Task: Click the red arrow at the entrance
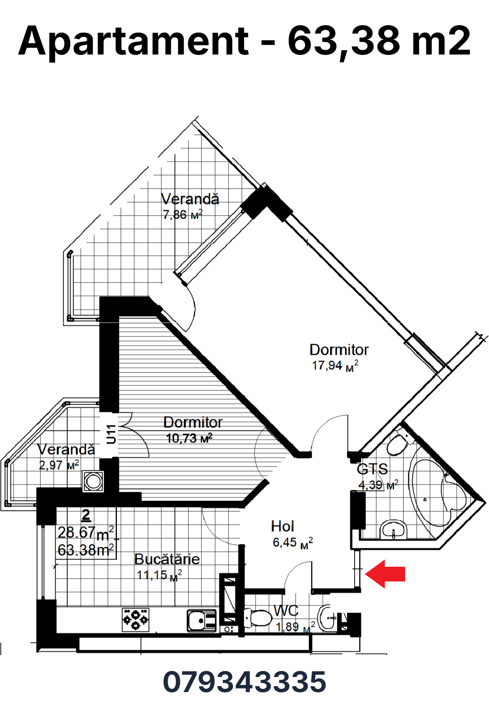pyautogui.click(x=385, y=574)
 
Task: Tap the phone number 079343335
pyautogui.click(x=244, y=682)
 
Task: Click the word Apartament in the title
pyautogui.click(x=134, y=41)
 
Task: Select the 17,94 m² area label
pyautogui.click(x=335, y=365)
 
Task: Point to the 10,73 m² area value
pyautogui.click(x=189, y=438)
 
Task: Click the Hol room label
pyautogui.click(x=282, y=526)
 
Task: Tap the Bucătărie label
pyautogui.click(x=167, y=559)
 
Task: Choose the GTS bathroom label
pyautogui.click(x=372, y=469)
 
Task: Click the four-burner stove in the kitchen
pyautogui.click(x=135, y=620)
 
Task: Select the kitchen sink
pyautogui.click(x=202, y=620)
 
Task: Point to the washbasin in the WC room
pyautogui.click(x=328, y=618)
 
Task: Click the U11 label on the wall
pyautogui.click(x=111, y=434)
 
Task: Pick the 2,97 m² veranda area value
pyautogui.click(x=59, y=465)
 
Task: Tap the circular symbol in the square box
pyautogui.click(x=93, y=482)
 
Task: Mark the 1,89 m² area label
pyautogui.click(x=295, y=627)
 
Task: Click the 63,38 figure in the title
pyautogui.click(x=344, y=41)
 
